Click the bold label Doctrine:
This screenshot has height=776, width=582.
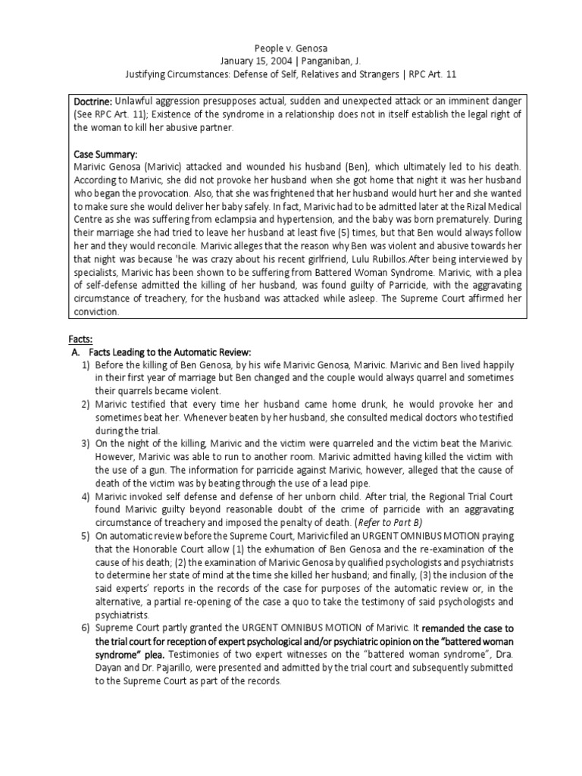click(93, 102)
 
